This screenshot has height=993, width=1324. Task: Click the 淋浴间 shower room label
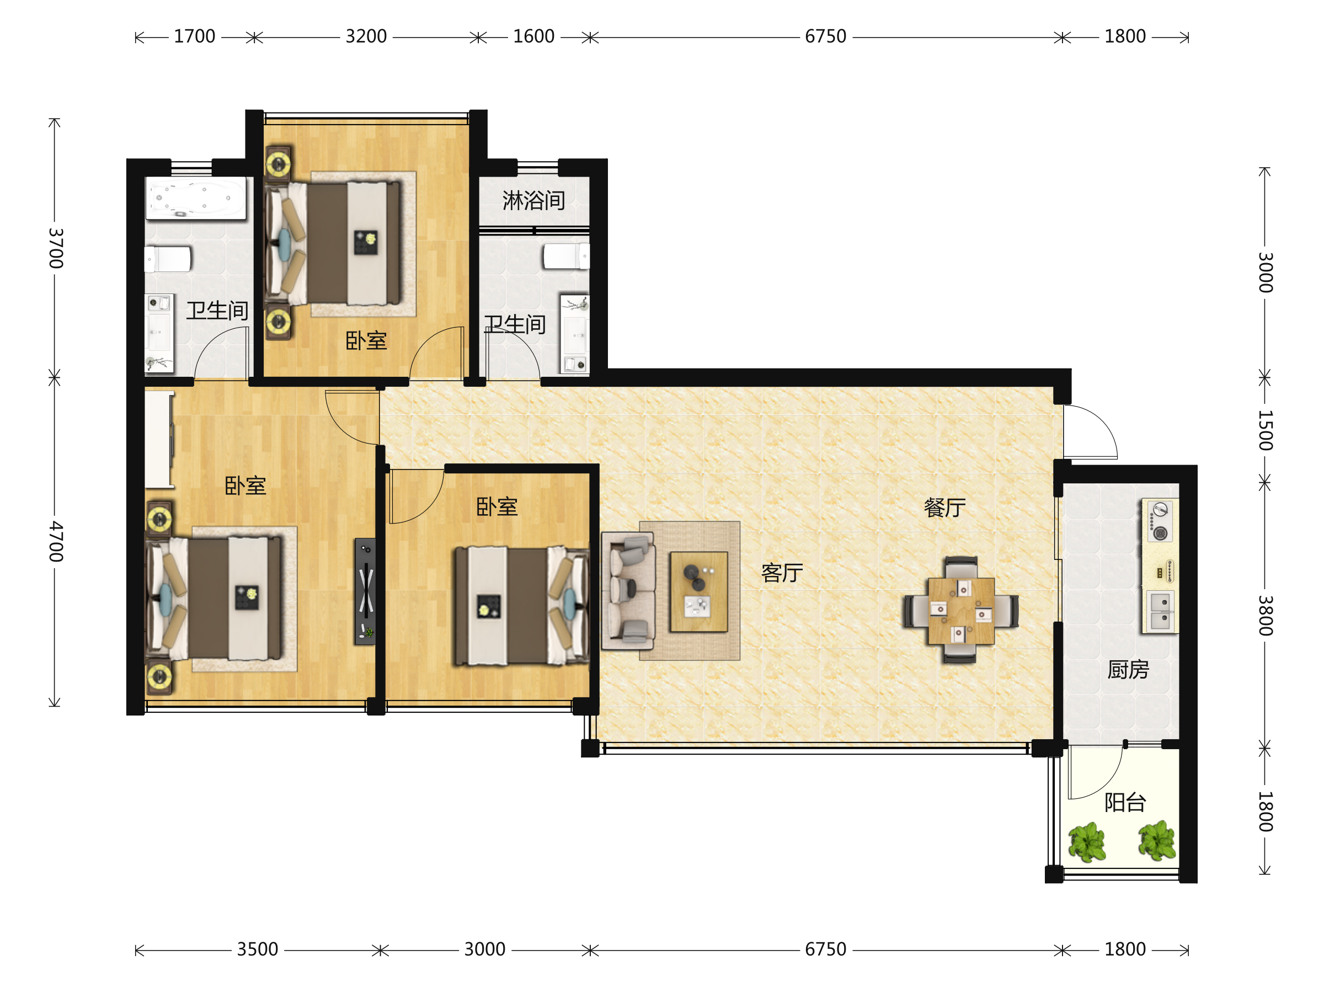coord(533,200)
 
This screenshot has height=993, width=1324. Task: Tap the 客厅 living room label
coord(782,573)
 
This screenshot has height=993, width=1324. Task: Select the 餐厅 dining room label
coord(944,508)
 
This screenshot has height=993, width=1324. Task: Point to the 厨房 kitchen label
coord(1128,669)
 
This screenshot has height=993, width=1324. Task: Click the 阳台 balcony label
coord(1125,802)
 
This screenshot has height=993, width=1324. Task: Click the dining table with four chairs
coord(960,611)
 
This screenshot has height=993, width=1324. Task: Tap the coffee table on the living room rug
coord(698,592)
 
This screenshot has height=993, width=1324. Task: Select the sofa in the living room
coord(628,591)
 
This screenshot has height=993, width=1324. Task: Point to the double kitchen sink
coord(1161,611)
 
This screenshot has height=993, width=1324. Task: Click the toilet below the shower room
coord(565,256)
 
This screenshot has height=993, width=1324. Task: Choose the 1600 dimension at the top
coord(533,36)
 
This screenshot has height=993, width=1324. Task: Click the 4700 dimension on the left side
coord(56,541)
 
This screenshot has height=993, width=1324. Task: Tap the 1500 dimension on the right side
coord(1265,430)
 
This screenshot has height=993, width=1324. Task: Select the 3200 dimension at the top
coord(366,36)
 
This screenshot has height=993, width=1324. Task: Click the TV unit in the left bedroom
coord(366,591)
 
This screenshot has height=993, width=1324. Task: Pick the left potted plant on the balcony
coord(1086,842)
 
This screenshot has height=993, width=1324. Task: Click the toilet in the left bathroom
coord(168,259)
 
